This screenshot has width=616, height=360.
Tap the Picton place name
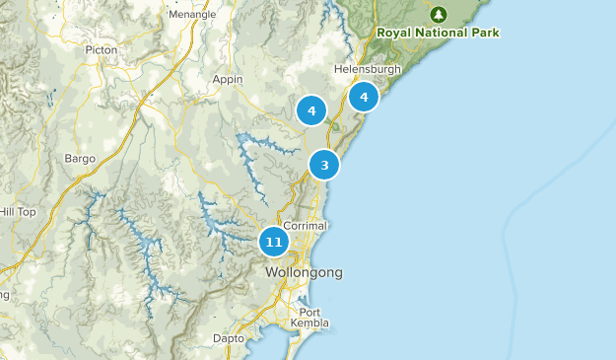point(102,48)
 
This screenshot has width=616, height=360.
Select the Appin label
point(228,79)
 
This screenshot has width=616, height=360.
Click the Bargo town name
point(80,158)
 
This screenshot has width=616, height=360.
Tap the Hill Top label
point(17,211)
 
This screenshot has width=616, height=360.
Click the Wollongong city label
point(304,271)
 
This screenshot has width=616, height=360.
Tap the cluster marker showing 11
point(274,242)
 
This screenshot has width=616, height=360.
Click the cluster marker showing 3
point(324,165)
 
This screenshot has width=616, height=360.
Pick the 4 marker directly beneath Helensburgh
point(364,97)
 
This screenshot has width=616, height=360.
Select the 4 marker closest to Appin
point(311,110)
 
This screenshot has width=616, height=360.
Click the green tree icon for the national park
point(439,14)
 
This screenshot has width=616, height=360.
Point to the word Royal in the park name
point(395,33)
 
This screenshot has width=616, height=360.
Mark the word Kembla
point(309,324)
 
